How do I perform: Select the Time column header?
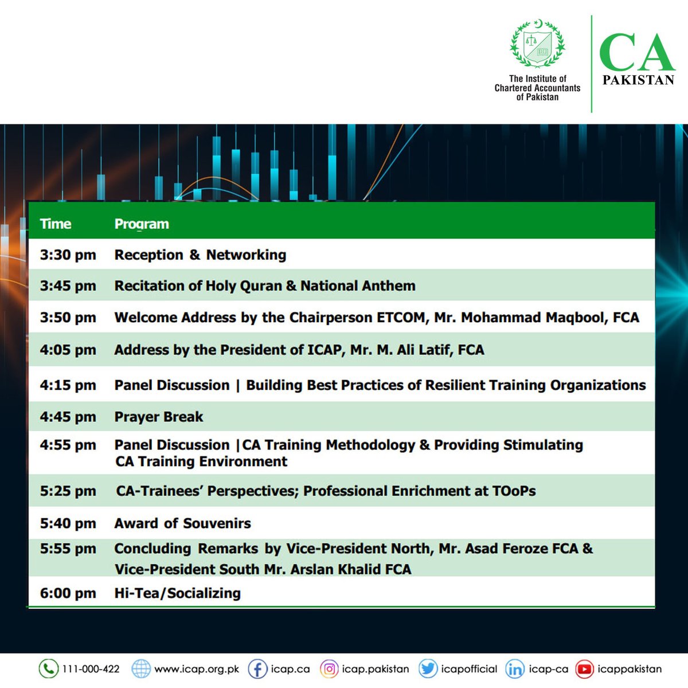[56, 224]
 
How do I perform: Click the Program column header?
[142, 224]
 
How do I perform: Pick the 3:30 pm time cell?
[68, 255]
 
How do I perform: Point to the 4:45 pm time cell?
[68, 417]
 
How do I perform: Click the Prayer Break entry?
[159, 417]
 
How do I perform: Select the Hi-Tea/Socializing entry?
[177, 593]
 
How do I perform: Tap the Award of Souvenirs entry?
[182, 523]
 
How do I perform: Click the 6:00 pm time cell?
[68, 593]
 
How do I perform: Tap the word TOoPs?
[514, 491]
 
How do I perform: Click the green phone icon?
[48, 669]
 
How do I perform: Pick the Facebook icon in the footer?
[257, 669]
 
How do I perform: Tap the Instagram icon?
[329, 669]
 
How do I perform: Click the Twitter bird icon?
[428, 669]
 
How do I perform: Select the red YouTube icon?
[584, 669]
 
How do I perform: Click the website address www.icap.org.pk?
[197, 669]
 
